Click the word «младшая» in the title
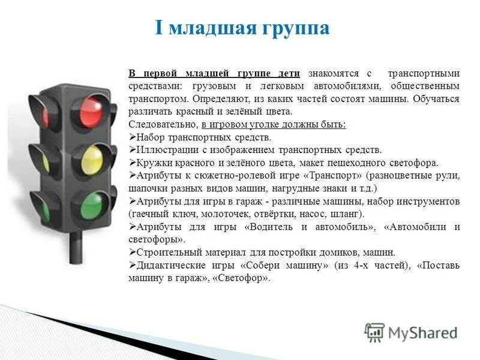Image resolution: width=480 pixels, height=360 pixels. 216,28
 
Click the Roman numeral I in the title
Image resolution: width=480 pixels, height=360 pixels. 159,28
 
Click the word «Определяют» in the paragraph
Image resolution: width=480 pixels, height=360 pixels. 222,99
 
